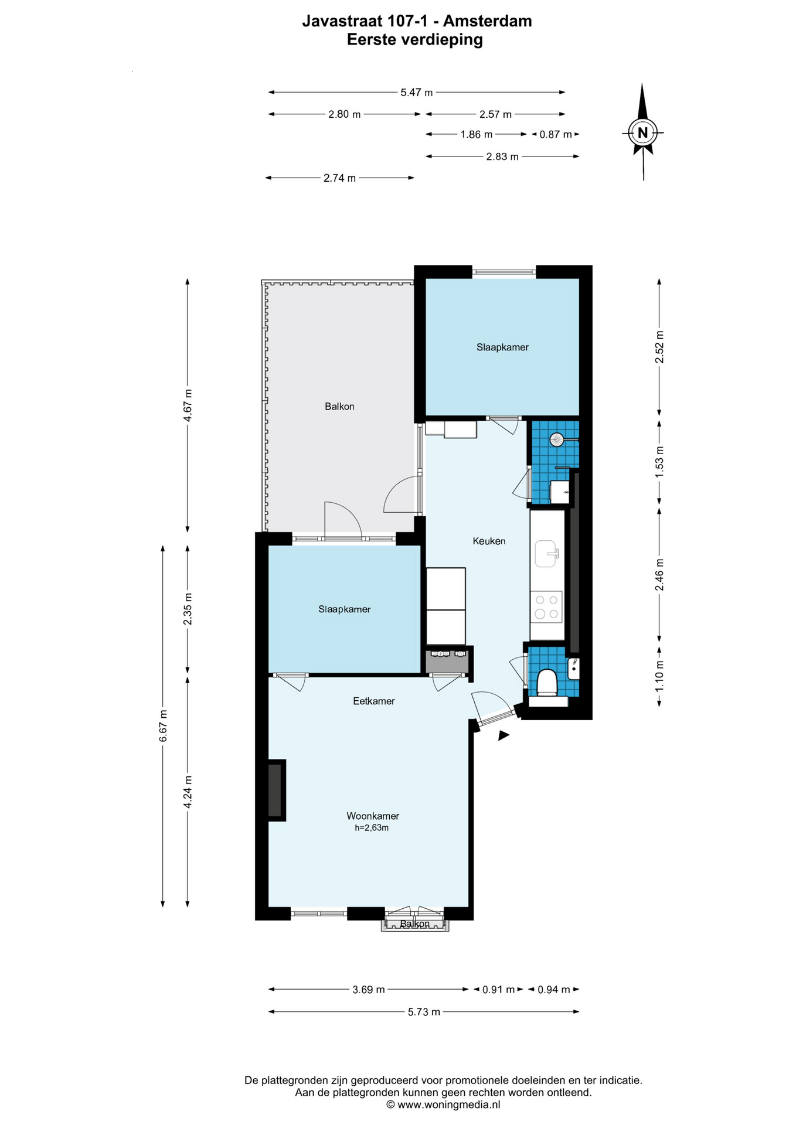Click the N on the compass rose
pyautogui.click(x=642, y=132)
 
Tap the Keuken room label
pyautogui.click(x=489, y=541)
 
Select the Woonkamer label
pyautogui.click(x=373, y=816)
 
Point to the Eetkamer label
pyautogui.click(x=374, y=701)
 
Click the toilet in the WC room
pyautogui.click(x=547, y=683)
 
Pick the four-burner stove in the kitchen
pyautogui.click(x=546, y=607)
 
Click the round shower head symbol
pyautogui.click(x=556, y=439)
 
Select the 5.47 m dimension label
pyautogui.click(x=417, y=92)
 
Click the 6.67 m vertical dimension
pyautogui.click(x=163, y=725)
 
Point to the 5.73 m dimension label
pyautogui.click(x=424, y=1011)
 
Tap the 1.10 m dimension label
pyautogui.click(x=659, y=676)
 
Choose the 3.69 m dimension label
pyautogui.click(x=369, y=989)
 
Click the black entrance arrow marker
pyautogui.click(x=504, y=735)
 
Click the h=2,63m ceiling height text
pyautogui.click(x=372, y=828)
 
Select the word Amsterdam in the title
pyautogui.click(x=487, y=21)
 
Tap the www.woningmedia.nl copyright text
pyautogui.click(x=443, y=1104)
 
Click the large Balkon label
pyautogui.click(x=339, y=406)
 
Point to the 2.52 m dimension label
pyautogui.click(x=659, y=347)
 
